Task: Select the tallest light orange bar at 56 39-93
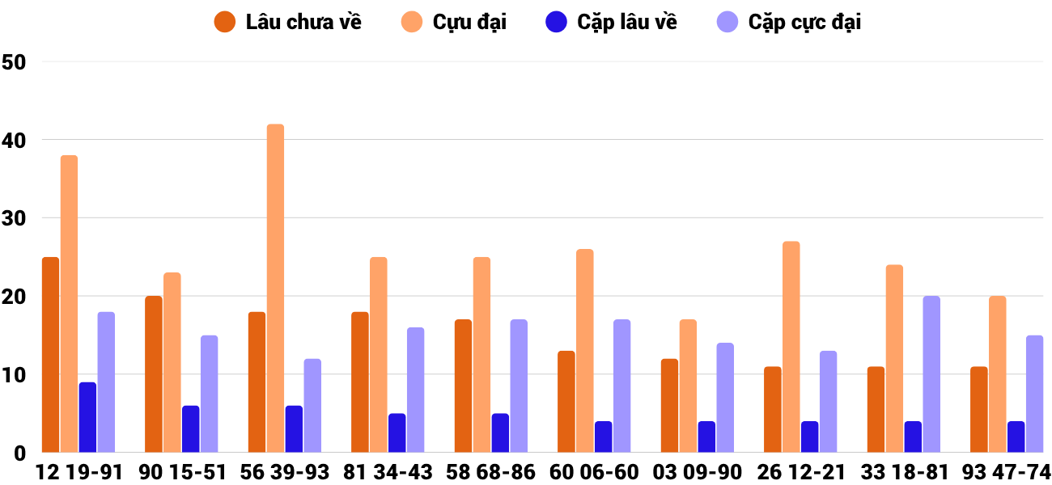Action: (275, 288)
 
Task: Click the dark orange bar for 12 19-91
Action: (50, 355)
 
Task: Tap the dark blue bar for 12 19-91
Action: (87, 417)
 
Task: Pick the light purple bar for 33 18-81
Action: (931, 374)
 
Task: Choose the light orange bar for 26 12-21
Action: (791, 347)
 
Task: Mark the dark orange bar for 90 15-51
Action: (154, 374)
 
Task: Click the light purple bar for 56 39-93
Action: (312, 406)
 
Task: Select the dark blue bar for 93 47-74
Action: (1016, 436)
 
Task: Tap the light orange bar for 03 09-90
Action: (688, 386)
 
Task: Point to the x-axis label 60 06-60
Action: (594, 472)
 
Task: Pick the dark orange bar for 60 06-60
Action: (566, 402)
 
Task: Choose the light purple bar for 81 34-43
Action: (415, 390)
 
